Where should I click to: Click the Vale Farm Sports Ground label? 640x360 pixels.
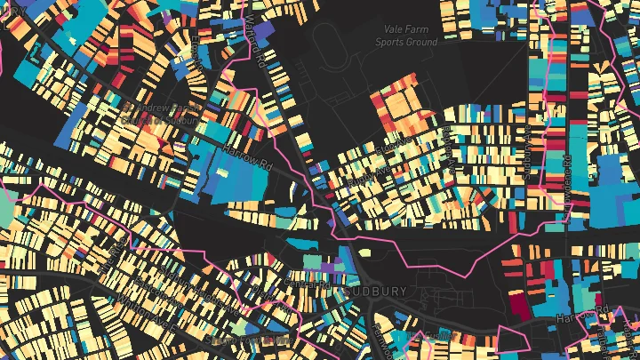tap(406, 36)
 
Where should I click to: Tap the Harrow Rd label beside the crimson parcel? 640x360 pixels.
tap(582, 313)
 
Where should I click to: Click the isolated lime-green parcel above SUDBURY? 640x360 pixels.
tap(309, 261)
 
